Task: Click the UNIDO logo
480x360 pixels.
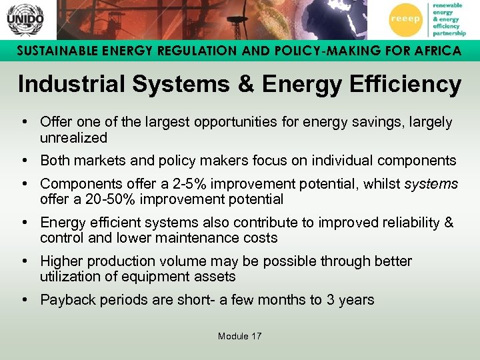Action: [25, 20]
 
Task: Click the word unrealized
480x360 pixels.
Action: [73, 138]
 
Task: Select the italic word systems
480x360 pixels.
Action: [431, 183]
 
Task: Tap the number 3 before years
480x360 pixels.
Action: [330, 299]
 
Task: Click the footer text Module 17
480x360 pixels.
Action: [239, 336]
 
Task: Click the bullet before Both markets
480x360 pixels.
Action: [24, 161]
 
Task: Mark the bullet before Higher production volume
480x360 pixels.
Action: [24, 261]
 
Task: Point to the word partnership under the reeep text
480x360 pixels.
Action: [449, 33]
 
